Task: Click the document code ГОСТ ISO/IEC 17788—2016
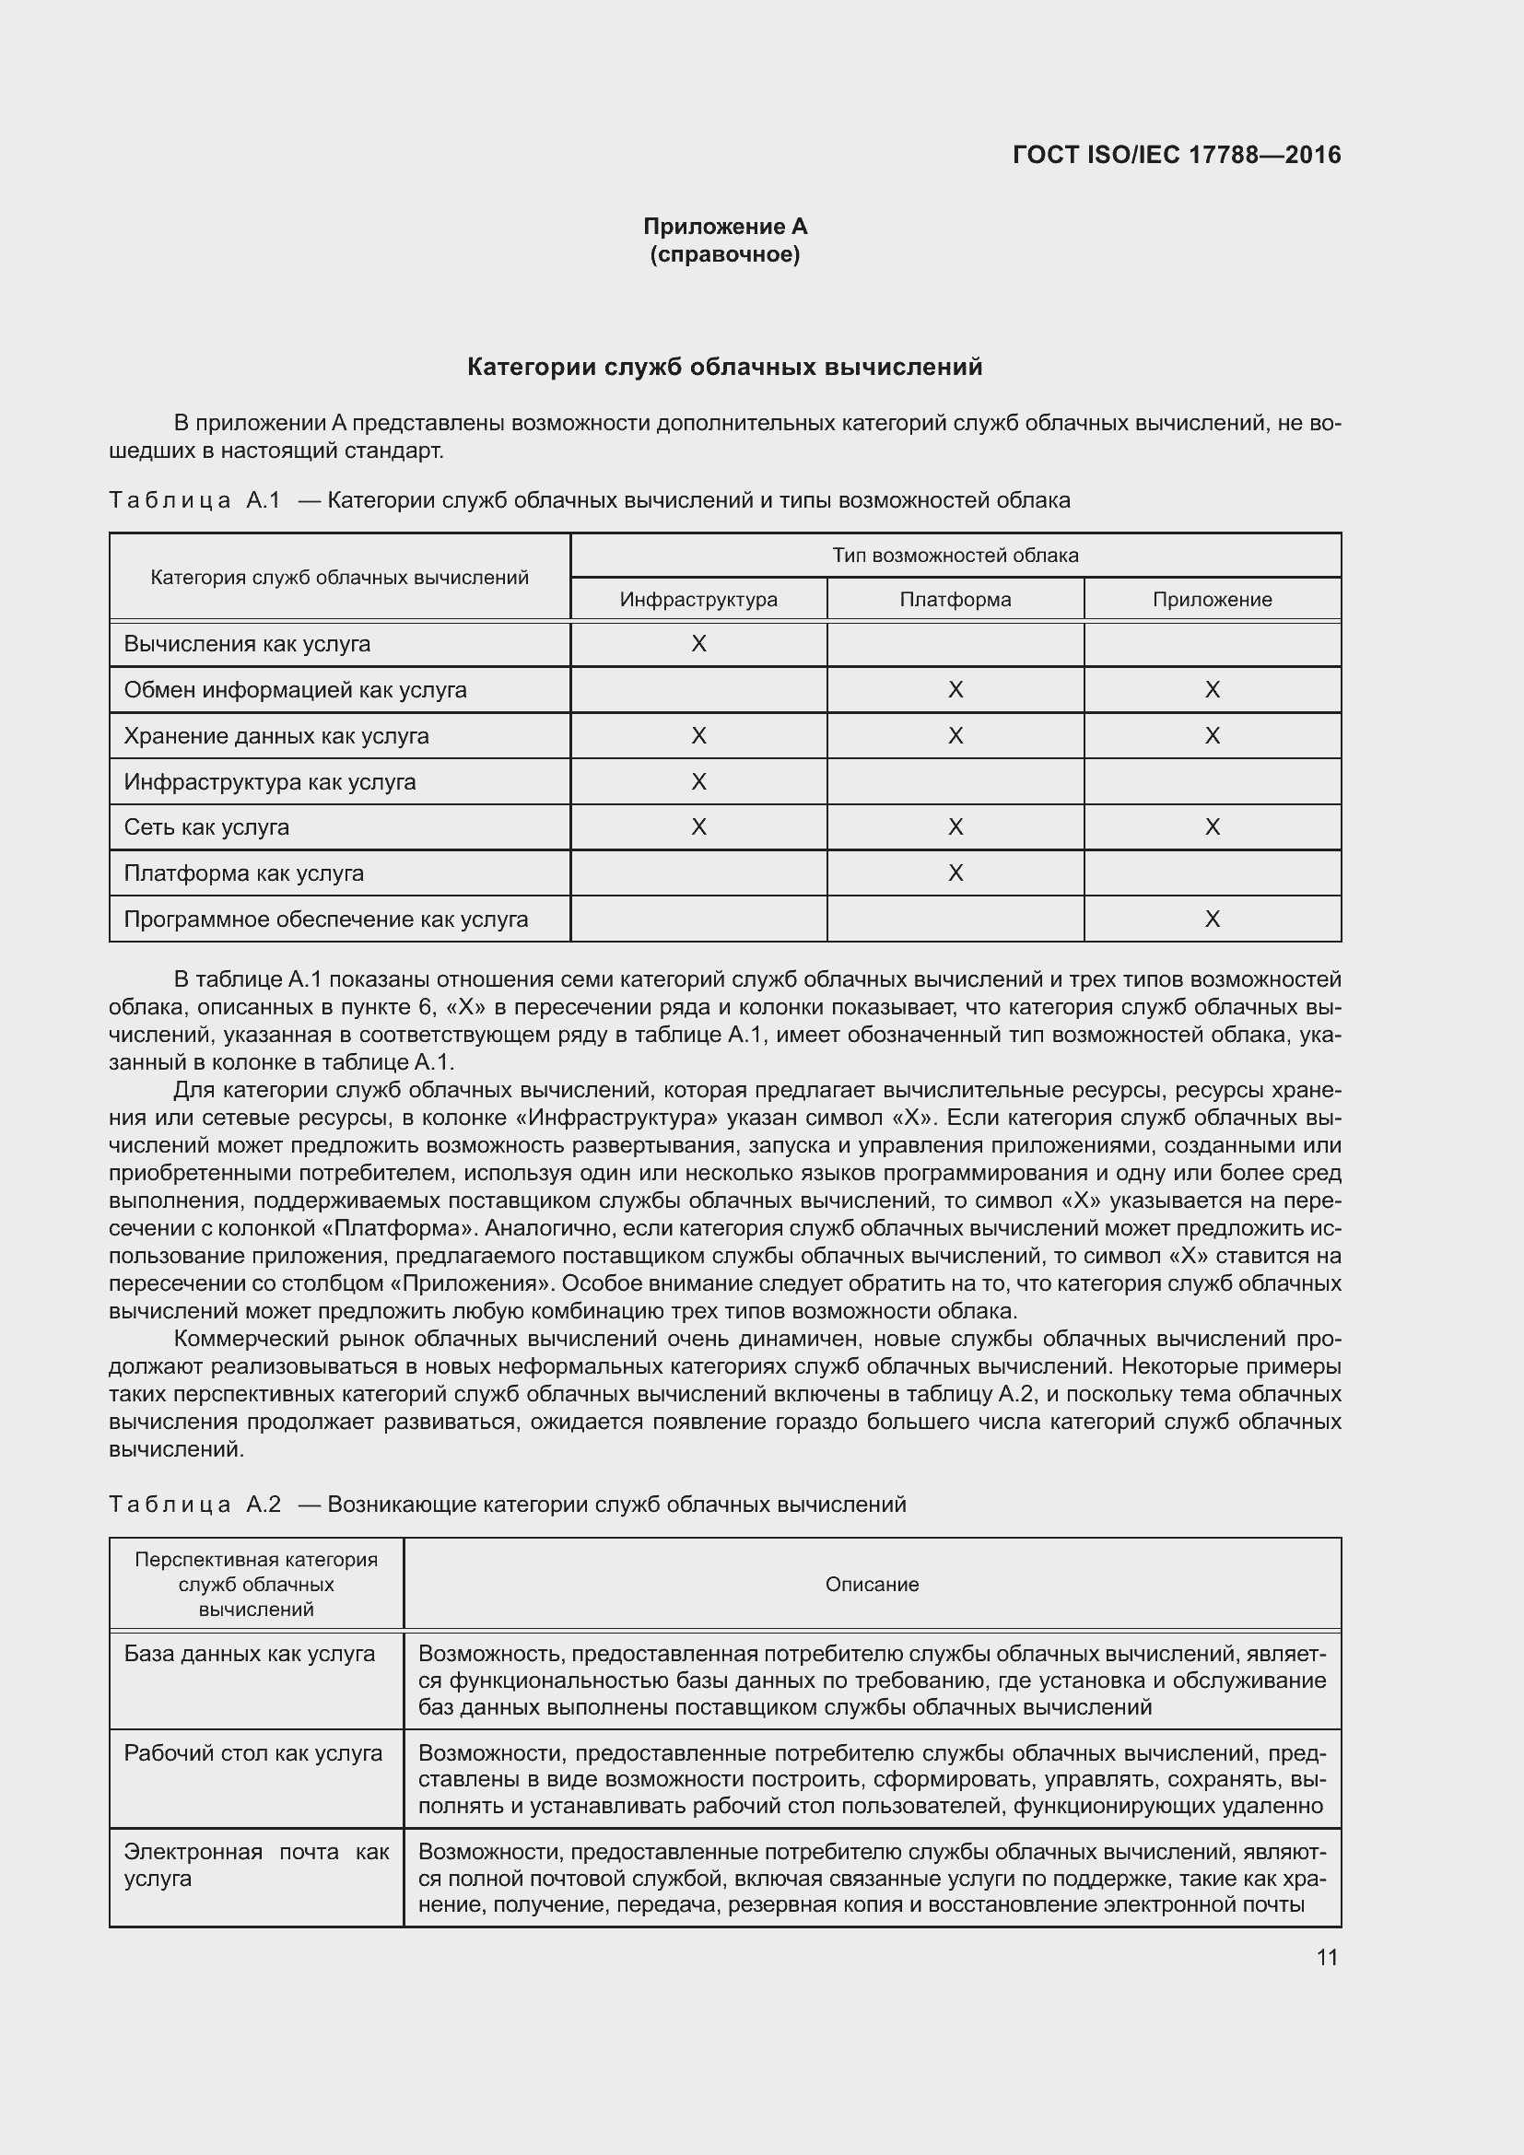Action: (x=1176, y=155)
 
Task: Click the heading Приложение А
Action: (x=724, y=227)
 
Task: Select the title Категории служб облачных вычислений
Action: (x=724, y=367)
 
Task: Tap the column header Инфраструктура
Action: (x=698, y=600)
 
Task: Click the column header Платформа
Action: (x=955, y=600)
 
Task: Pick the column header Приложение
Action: (x=1212, y=600)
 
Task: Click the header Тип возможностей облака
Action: (x=955, y=556)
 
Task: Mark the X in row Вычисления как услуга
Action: (x=698, y=644)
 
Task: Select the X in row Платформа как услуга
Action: (x=955, y=873)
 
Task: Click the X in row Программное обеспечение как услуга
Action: (x=1212, y=919)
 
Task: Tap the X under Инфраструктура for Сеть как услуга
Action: (x=698, y=826)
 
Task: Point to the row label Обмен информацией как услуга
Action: (x=295, y=690)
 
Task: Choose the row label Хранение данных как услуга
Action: (x=275, y=736)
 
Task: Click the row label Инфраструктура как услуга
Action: (x=269, y=782)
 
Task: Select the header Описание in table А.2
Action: (x=872, y=1585)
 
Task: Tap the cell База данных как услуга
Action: (x=250, y=1654)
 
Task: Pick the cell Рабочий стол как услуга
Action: (x=253, y=1753)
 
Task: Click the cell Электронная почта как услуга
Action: (x=255, y=1865)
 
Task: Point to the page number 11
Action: (x=1326, y=1958)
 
